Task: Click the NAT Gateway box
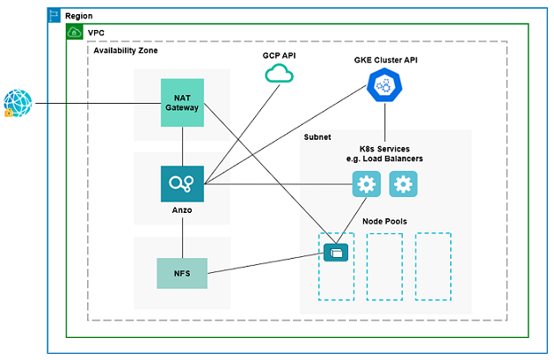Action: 182,104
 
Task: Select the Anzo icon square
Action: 182,184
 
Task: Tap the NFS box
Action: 182,274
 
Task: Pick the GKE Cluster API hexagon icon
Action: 383,86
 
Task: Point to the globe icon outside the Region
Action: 18,103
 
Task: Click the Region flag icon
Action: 55,16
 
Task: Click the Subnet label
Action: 318,138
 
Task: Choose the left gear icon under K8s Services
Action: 367,184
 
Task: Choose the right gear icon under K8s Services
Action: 403,184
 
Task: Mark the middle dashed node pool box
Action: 384,266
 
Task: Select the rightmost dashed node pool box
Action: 433,266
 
